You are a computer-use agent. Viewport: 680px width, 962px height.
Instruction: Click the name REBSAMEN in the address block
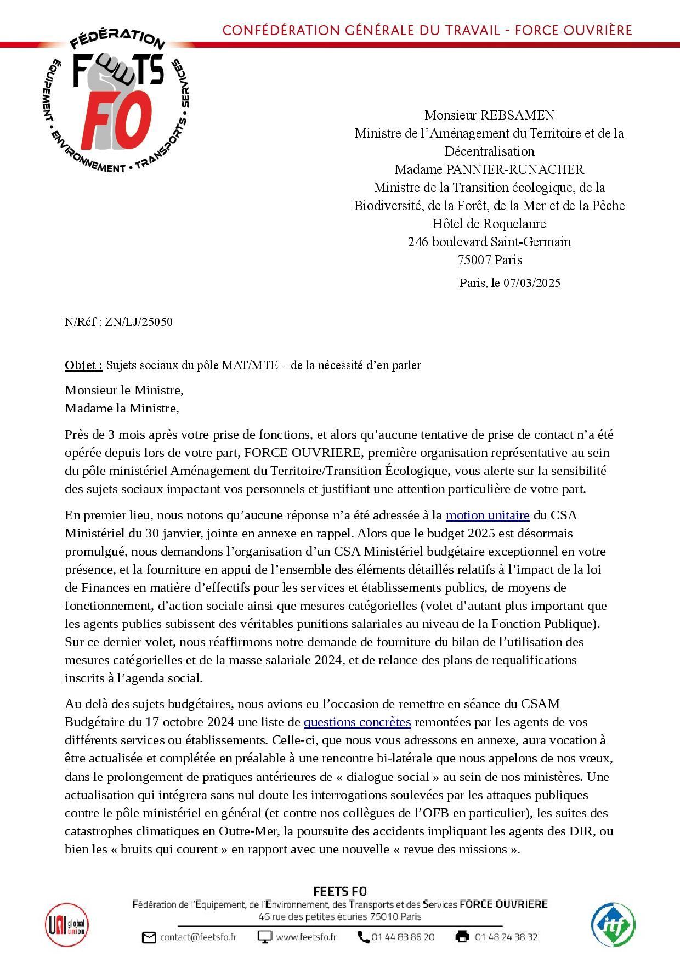517,115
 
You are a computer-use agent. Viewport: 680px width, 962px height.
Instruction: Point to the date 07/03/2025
531,283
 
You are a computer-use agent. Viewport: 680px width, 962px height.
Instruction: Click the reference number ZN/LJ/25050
139,322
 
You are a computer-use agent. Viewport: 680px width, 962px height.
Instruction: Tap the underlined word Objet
83,365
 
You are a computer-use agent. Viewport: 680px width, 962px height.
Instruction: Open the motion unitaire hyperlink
488,516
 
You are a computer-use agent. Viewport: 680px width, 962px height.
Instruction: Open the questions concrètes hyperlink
357,722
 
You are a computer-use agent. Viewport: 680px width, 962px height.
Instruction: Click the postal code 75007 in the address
474,260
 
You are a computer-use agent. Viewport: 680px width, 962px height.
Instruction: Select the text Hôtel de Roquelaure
489,224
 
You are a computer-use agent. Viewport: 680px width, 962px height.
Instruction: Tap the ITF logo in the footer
613,926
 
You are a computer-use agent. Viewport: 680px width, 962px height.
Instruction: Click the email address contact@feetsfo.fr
198,937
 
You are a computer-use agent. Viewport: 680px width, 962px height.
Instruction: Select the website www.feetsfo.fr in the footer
306,937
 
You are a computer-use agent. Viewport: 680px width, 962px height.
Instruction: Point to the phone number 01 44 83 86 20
403,937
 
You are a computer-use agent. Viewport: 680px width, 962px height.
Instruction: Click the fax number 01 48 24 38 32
506,937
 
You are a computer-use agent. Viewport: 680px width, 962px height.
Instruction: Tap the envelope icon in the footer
149,937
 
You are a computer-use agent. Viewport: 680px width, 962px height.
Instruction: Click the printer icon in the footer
462,937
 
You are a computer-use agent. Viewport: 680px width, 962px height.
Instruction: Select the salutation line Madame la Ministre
122,409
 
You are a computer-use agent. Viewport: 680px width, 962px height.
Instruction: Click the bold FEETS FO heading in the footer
340,892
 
